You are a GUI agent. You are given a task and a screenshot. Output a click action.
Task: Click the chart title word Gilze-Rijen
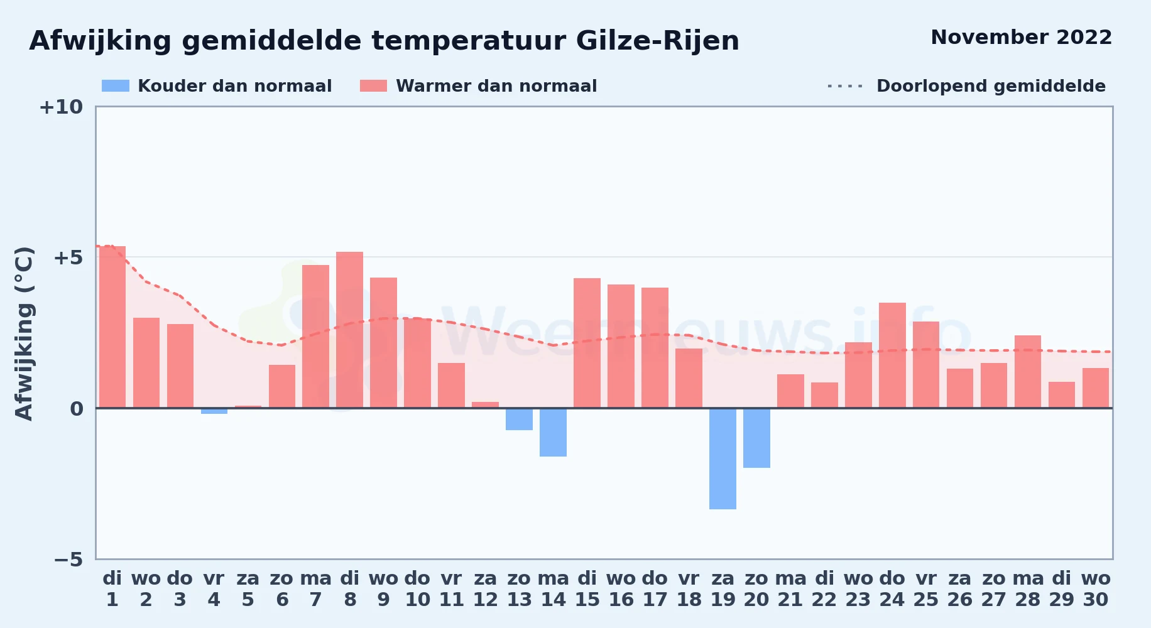click(x=657, y=41)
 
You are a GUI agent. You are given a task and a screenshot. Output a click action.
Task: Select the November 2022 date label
click(x=1021, y=37)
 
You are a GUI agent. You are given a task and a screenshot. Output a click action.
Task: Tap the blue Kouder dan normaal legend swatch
click(x=116, y=86)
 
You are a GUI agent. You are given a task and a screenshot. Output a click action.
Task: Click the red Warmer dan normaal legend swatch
click(x=373, y=86)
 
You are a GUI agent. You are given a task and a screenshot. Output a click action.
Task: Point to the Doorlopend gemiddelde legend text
click(x=991, y=86)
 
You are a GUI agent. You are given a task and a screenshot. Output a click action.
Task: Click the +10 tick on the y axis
click(x=61, y=107)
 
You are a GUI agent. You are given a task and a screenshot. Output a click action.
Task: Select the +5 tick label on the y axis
click(x=68, y=257)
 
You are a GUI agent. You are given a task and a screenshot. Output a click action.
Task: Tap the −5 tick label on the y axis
click(x=68, y=559)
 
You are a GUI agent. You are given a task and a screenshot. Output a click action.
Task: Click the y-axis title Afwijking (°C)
click(x=24, y=333)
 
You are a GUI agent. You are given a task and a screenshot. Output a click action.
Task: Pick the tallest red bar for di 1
click(x=112, y=327)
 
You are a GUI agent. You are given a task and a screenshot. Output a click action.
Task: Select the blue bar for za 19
click(x=723, y=458)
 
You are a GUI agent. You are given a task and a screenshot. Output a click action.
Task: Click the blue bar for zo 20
click(x=756, y=438)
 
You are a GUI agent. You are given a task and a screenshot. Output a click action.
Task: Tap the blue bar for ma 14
click(x=553, y=432)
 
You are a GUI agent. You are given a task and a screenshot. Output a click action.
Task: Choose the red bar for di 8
click(x=349, y=330)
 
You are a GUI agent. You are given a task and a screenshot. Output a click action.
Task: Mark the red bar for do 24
click(x=892, y=355)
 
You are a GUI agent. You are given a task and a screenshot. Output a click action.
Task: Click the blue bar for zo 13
click(x=519, y=419)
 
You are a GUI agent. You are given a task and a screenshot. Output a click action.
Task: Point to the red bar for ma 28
click(x=1028, y=372)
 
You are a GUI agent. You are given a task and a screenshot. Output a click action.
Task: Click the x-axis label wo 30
click(x=1096, y=588)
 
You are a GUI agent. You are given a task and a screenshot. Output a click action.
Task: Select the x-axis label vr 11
click(x=451, y=588)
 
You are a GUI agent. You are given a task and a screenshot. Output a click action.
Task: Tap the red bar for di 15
click(x=587, y=343)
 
